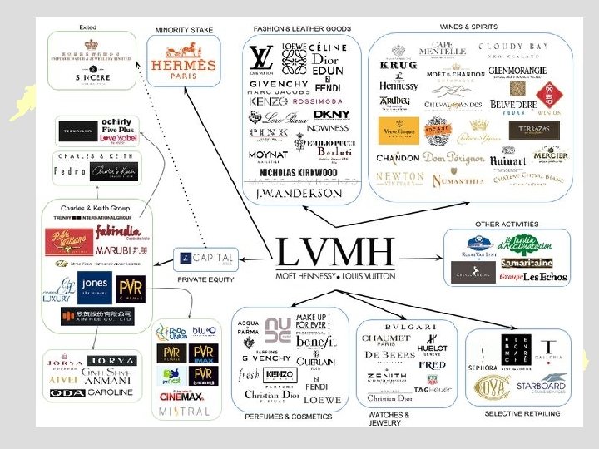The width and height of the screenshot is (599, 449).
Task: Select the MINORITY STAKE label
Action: pyautogui.click(x=184, y=31)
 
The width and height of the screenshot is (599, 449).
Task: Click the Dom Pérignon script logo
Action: pyautogui.click(x=453, y=159)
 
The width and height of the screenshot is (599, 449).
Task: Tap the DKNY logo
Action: pyautogui.click(x=331, y=115)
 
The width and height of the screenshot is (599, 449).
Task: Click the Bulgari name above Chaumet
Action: pyautogui.click(x=410, y=327)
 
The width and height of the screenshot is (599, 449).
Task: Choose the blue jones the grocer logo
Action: pyautogui.click(x=94, y=286)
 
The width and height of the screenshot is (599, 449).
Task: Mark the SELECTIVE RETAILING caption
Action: pyautogui.click(x=522, y=413)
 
